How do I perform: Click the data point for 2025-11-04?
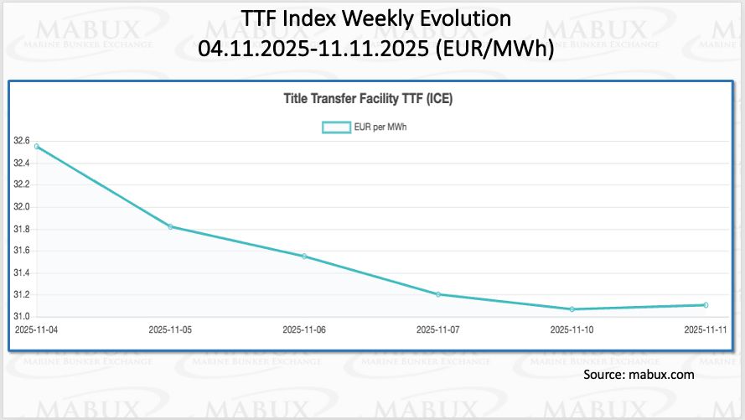pos(36,146)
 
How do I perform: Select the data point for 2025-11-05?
pos(170,226)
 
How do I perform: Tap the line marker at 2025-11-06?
pos(304,256)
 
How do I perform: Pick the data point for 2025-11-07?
pos(438,294)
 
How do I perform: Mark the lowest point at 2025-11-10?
pos(572,309)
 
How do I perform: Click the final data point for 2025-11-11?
pos(706,304)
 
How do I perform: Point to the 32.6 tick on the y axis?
pos(22,141)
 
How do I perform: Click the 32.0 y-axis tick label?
pos(22,206)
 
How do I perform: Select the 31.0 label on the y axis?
pos(22,316)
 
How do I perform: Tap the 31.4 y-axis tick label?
pos(22,272)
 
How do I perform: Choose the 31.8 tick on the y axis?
pos(22,229)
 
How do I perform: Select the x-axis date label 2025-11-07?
pos(438,330)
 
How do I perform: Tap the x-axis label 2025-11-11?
pos(705,330)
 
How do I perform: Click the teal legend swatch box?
pos(337,127)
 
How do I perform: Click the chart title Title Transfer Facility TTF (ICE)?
pos(369,99)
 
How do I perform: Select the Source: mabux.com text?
pos(639,375)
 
